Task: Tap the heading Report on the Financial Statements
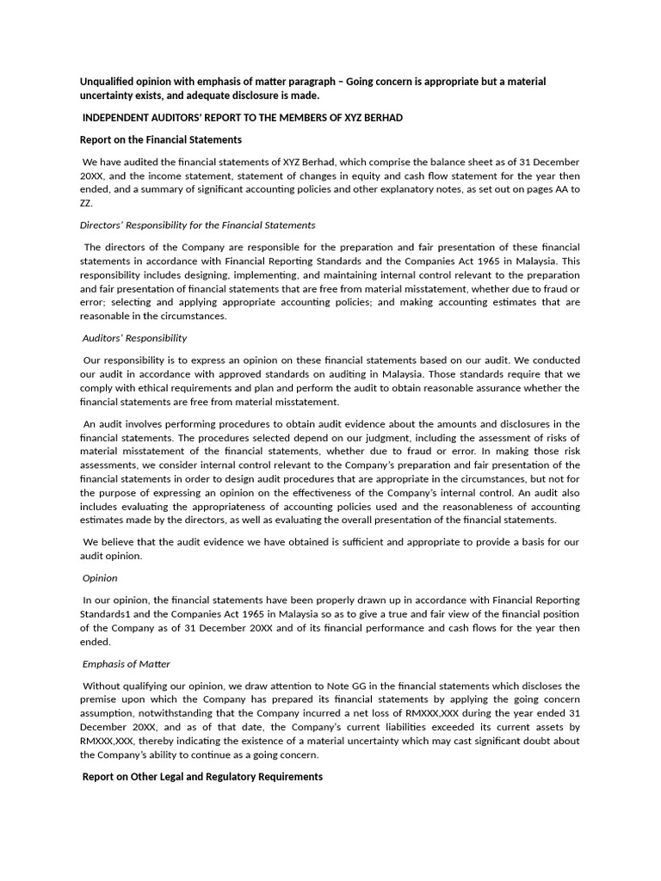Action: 161,139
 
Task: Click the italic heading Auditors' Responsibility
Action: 134,338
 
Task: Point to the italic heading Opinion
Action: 100,578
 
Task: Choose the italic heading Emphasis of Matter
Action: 126,663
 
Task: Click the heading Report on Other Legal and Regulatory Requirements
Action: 202,776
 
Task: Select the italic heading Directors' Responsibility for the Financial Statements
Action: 197,225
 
